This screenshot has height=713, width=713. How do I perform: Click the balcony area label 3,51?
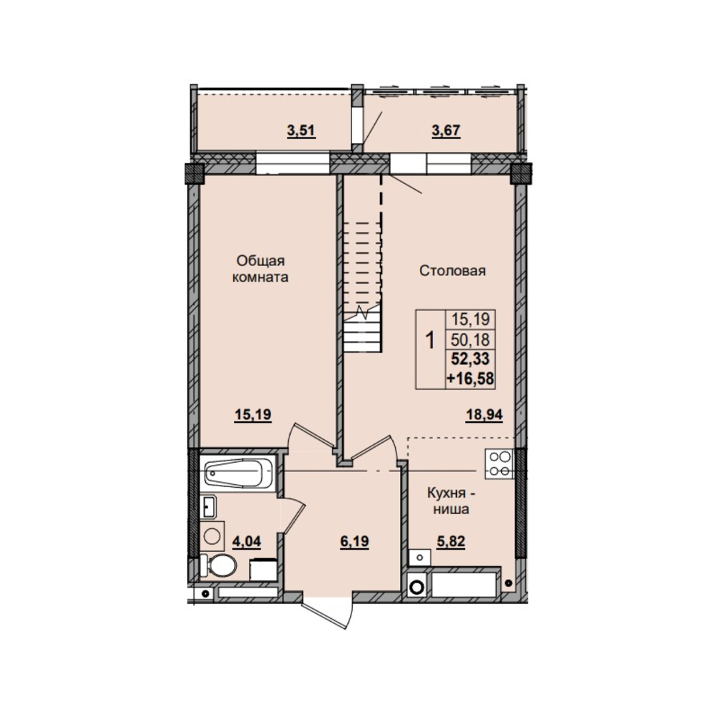click(x=301, y=131)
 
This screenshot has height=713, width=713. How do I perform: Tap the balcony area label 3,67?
click(x=446, y=131)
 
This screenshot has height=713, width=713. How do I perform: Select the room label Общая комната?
click(x=260, y=270)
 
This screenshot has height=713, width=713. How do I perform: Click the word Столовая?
click(x=453, y=271)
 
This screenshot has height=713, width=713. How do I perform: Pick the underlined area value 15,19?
click(x=253, y=415)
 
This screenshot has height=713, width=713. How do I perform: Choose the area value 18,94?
click(x=484, y=415)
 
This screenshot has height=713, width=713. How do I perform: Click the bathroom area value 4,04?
click(x=247, y=542)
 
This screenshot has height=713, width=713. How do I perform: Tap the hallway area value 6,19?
click(x=354, y=542)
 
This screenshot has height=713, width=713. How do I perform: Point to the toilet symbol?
click(x=218, y=565)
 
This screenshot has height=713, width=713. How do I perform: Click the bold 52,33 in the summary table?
click(x=470, y=359)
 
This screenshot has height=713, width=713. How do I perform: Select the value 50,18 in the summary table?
click(x=470, y=339)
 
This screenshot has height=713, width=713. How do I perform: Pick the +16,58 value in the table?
click(x=470, y=379)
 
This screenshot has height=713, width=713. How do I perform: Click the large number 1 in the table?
click(x=430, y=339)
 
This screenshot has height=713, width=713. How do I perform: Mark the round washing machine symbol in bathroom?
click(x=212, y=535)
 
